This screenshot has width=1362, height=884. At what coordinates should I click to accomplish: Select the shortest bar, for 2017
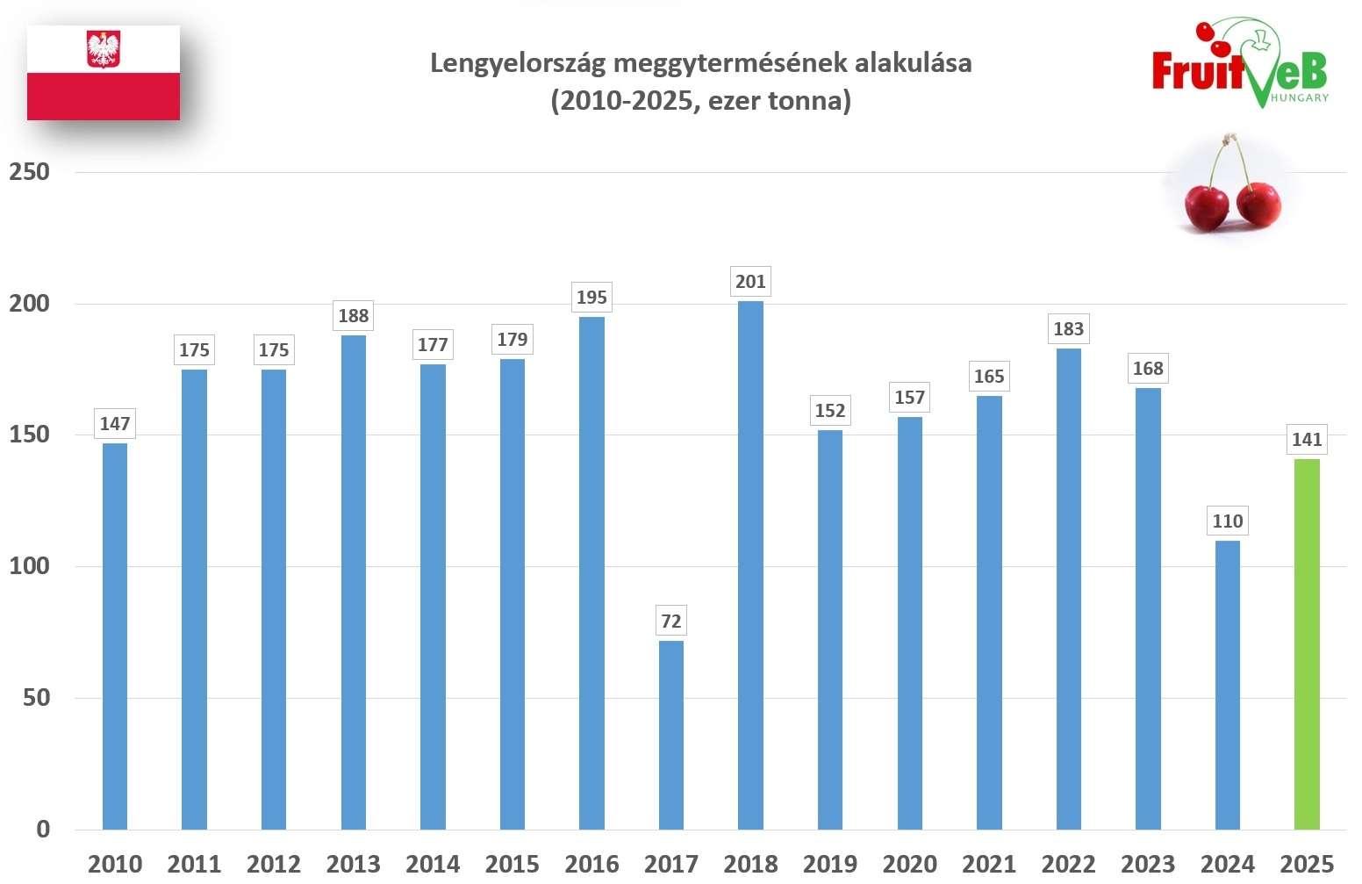click(670, 735)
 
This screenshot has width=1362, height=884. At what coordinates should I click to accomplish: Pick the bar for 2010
click(115, 636)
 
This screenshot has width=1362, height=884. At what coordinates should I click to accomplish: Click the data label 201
click(750, 282)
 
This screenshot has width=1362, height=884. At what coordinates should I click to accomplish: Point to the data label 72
click(670, 622)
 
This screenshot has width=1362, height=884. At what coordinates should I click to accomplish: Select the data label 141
click(1306, 440)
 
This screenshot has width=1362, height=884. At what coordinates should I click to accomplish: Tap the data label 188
click(354, 316)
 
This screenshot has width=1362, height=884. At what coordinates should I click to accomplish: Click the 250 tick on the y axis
click(29, 172)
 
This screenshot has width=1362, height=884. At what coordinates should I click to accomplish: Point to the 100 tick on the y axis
click(29, 566)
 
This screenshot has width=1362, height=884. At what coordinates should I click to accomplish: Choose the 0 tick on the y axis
click(43, 830)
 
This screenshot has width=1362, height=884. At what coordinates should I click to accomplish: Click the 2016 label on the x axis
click(591, 865)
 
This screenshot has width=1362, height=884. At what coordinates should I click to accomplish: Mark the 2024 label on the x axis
click(1227, 865)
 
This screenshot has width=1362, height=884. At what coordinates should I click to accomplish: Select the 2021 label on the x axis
click(989, 865)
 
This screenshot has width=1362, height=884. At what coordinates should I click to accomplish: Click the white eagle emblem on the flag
click(104, 50)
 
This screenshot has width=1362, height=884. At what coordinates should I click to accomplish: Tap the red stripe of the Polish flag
click(104, 97)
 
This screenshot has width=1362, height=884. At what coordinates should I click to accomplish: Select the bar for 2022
click(1068, 588)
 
